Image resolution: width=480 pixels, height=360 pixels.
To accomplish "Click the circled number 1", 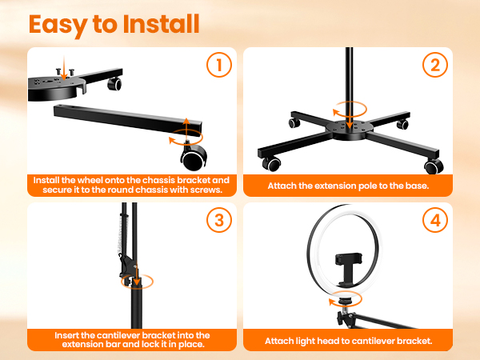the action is [219, 65].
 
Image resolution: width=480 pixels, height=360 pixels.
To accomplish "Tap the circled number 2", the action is [435, 65].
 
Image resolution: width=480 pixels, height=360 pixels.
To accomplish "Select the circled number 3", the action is [219, 220].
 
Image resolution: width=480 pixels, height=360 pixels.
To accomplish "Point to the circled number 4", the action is [435, 220].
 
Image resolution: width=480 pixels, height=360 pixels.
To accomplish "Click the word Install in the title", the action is [161, 24].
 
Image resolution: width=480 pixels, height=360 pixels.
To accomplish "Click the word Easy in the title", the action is [58, 25].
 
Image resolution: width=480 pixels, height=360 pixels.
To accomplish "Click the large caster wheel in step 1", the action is [194, 157].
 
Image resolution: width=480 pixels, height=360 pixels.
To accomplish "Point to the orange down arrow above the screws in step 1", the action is [64, 68].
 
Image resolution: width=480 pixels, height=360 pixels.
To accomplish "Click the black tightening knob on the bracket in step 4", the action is [341, 318].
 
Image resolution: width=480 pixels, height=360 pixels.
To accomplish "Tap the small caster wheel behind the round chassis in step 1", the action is [114, 84].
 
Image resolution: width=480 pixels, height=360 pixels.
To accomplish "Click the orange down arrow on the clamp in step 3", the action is [136, 274].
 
